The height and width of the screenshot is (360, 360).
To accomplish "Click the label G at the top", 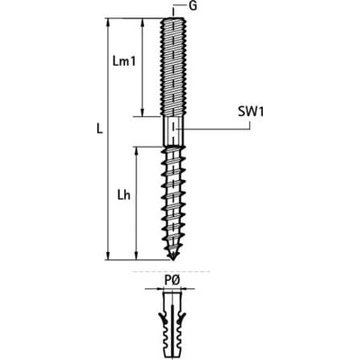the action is point(193,6).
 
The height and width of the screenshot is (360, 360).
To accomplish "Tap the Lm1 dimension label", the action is point(124,61).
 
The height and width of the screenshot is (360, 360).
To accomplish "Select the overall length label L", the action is point(100,129).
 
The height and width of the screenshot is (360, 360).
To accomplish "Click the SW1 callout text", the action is point(251,112).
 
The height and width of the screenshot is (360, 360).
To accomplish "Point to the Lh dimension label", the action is point(123,195).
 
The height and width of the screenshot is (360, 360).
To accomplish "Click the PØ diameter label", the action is point(172,281).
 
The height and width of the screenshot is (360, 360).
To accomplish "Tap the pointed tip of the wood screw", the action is point(173,259).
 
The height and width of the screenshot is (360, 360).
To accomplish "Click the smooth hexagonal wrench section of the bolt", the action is point(173,130).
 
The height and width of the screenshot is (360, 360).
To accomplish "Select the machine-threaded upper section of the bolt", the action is point(173,67).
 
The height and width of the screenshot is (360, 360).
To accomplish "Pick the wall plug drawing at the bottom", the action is point(173,325).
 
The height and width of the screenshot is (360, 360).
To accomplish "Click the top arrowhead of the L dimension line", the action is point(108,22).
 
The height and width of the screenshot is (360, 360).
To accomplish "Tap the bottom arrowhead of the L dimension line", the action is point(108,256).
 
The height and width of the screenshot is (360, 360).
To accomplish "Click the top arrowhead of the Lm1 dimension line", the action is point(142,22).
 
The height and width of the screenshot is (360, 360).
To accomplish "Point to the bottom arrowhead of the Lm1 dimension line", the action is point(142,112).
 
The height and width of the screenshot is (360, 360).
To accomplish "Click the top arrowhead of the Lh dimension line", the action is point(137,151).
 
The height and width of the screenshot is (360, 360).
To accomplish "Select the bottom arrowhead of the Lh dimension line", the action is point(137,256).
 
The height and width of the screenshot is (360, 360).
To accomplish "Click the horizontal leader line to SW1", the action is point(213,130).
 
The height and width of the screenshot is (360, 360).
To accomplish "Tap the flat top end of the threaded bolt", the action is point(174,18).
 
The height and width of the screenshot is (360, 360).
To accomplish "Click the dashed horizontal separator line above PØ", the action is point(170,272).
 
